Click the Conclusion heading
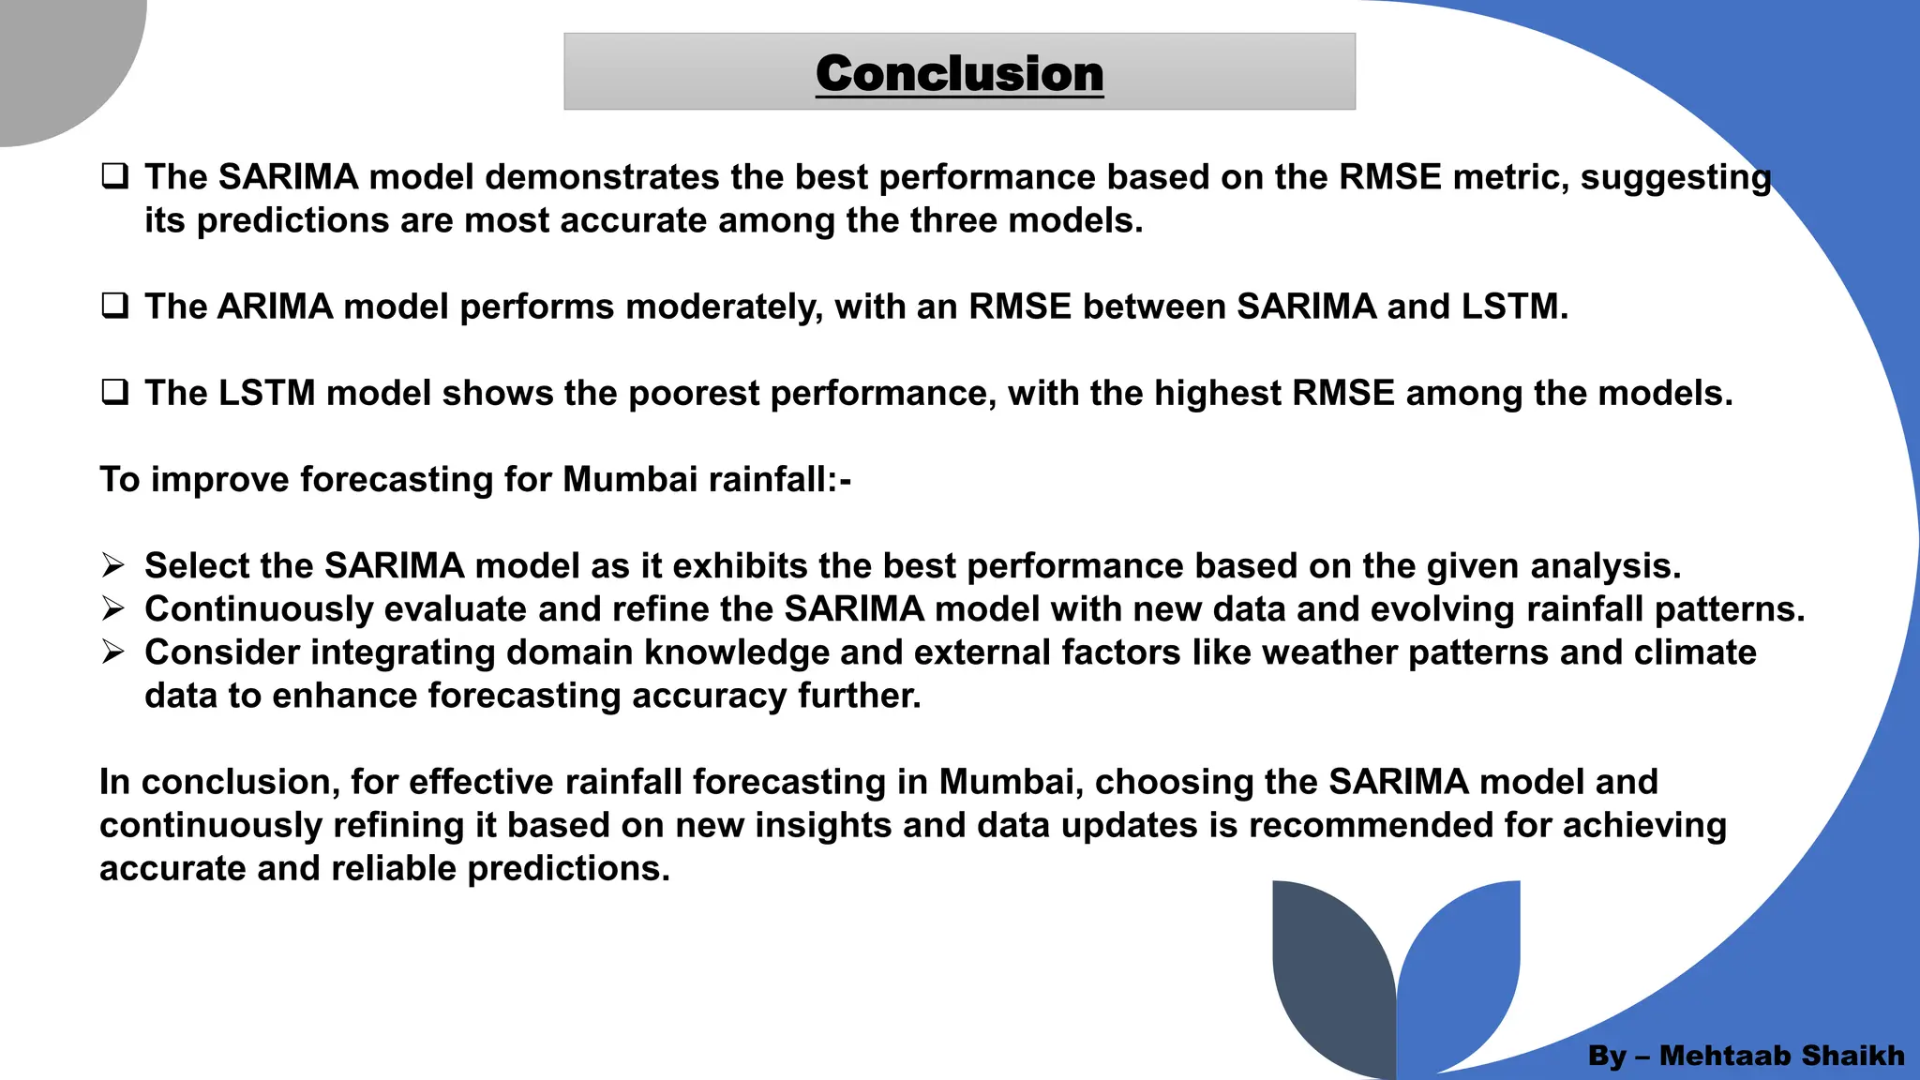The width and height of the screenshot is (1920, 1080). coord(959,73)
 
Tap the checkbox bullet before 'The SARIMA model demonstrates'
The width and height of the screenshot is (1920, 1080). coord(114,176)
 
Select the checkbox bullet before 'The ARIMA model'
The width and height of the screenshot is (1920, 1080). coord(114,307)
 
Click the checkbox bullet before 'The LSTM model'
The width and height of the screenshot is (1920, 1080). coord(114,393)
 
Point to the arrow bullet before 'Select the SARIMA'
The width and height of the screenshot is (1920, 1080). coord(113,565)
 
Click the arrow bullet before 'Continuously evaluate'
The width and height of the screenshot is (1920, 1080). coord(113,609)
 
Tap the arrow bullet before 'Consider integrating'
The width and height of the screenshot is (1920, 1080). coord(113,652)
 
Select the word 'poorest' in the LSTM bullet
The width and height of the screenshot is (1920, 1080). coord(694,394)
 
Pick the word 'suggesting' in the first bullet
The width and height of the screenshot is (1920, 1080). coord(1675,178)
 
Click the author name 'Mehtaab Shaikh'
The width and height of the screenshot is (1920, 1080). coord(1781,1056)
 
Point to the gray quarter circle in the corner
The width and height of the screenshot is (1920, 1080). coord(56,56)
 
